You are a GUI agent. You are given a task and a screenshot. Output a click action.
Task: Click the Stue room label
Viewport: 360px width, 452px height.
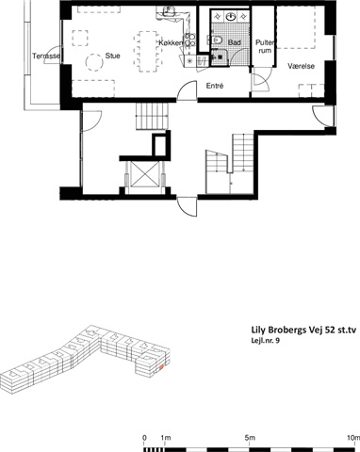coord(112,56)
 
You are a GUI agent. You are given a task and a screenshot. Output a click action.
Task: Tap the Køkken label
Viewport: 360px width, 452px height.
coord(171,43)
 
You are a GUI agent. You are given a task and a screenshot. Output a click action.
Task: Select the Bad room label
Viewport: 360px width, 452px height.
coord(235,42)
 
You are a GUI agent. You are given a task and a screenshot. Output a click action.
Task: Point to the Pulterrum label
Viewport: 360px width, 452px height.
coord(265,46)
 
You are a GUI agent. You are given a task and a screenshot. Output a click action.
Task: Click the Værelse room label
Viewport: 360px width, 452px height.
coord(302,66)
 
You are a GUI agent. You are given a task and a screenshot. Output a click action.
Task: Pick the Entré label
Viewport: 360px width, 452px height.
coord(215,86)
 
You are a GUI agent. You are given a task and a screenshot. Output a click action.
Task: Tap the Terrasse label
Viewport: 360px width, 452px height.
coord(46,56)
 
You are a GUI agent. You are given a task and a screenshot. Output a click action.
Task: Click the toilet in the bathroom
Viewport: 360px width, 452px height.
coord(217,40)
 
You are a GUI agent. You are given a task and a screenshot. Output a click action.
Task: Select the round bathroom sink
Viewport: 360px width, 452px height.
coord(232,16)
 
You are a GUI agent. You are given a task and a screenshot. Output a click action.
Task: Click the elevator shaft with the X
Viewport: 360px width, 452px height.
coord(144,173)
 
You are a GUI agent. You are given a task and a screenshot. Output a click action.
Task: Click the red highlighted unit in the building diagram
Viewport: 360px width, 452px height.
coord(160,367)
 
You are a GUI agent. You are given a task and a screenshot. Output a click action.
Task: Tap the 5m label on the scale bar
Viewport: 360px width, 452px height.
coord(250,438)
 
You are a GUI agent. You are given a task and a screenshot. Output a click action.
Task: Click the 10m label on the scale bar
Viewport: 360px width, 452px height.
coord(353,438)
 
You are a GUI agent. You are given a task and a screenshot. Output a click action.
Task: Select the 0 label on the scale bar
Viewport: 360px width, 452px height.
coord(144,438)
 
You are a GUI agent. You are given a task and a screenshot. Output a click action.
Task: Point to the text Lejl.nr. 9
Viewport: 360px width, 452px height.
coord(266,341)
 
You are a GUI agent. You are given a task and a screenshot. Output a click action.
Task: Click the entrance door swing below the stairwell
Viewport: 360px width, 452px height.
coord(188,206)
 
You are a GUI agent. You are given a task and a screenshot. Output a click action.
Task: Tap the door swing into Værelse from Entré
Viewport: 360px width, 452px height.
coord(261,80)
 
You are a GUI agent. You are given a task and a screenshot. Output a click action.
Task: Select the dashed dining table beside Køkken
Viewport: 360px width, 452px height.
coord(145,52)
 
